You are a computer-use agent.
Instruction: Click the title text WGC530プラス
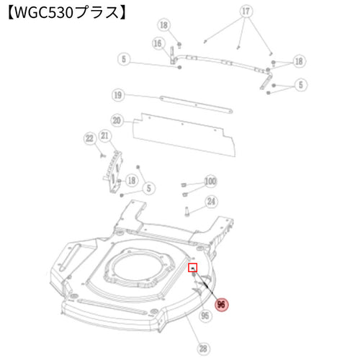[x=67, y=12]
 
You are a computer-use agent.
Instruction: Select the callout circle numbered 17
[x=246, y=11]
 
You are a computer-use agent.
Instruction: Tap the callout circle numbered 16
[x=158, y=43]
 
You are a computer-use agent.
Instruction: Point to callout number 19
[x=118, y=95]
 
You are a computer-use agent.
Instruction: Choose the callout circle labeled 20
[x=117, y=120]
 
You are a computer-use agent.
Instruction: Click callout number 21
[x=104, y=136]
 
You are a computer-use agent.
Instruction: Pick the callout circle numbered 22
[x=90, y=138]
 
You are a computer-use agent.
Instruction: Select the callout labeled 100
[x=210, y=181]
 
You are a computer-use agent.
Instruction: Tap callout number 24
[x=211, y=202]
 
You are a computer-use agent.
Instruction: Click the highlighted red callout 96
[x=221, y=305]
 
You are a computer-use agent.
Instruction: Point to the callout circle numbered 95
[x=205, y=315]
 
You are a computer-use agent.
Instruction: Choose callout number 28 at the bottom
[x=203, y=348]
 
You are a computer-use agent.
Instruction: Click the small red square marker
[x=193, y=268]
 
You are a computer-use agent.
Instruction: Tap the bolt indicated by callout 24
[x=187, y=212]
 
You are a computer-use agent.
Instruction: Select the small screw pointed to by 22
[x=103, y=156]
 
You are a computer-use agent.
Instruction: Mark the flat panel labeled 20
[x=184, y=135]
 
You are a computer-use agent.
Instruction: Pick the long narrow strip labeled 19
[x=196, y=104]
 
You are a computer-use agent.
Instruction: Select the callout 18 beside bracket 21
[x=132, y=181]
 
